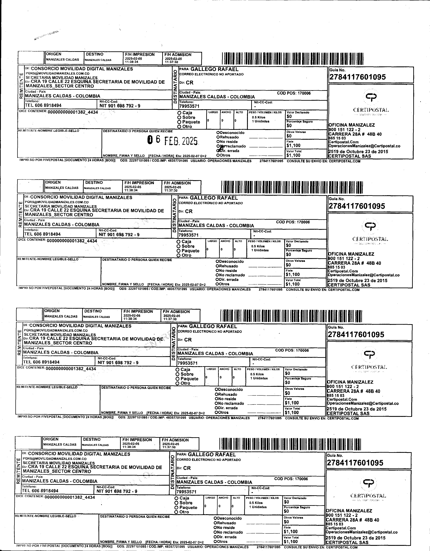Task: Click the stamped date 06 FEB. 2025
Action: [173, 141]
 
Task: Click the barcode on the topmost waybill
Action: [293, 59]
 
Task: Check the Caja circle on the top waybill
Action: [179, 113]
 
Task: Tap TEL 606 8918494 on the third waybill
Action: [41, 362]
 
